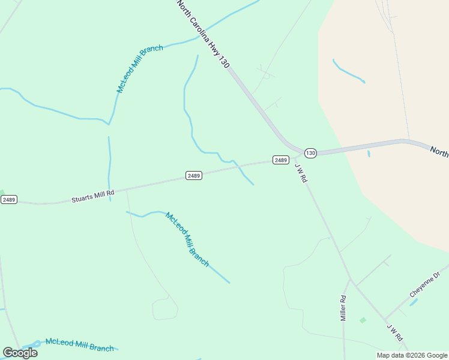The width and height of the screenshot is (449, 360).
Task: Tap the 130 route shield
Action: tap(310, 153)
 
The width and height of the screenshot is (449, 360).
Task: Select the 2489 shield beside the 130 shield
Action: tap(280, 160)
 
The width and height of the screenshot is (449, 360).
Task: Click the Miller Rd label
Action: tap(343, 308)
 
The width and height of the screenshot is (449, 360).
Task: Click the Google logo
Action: tap(20, 353)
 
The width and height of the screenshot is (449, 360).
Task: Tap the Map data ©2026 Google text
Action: tap(412, 355)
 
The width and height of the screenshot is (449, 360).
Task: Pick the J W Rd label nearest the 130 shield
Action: tap(301, 173)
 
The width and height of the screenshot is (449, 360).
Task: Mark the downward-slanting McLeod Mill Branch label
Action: tap(187, 239)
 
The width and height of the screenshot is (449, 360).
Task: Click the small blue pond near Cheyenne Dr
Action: tap(414, 302)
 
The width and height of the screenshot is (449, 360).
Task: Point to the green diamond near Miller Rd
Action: tap(363, 320)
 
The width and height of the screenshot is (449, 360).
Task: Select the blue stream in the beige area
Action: tap(349, 71)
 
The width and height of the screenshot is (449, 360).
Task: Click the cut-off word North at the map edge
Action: tap(439, 151)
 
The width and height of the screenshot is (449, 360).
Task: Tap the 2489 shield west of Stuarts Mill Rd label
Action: tap(8, 199)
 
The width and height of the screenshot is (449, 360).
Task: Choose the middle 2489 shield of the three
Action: tap(193, 176)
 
